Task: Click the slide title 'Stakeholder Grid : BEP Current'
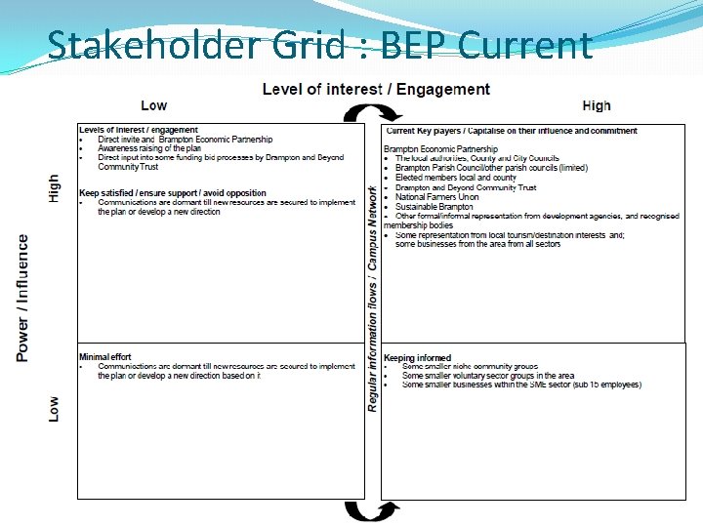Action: point(319,45)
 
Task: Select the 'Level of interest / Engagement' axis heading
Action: point(376,90)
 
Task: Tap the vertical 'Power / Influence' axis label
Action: point(22,298)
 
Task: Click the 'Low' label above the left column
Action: point(153,105)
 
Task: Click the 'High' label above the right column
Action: point(596,105)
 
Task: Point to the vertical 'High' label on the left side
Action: point(54,188)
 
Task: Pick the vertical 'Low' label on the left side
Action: point(54,408)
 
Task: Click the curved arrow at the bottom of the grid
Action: point(372,510)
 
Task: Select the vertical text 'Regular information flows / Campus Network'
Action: point(372,299)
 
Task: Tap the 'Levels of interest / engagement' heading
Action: point(138,130)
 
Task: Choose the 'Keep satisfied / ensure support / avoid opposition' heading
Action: point(172,193)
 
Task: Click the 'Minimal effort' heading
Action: point(104,357)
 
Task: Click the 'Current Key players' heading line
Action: point(511,131)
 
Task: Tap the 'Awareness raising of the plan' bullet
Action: point(148,148)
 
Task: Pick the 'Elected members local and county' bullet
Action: point(456,178)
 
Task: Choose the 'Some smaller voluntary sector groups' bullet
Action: point(488,376)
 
